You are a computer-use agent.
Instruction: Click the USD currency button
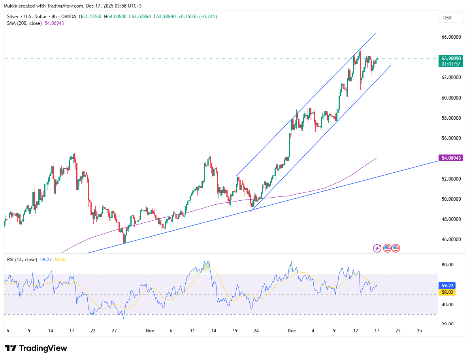pyautogui.click(x=448, y=18)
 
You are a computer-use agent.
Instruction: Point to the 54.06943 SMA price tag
pyautogui.click(x=450, y=158)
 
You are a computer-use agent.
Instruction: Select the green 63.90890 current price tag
pyautogui.click(x=450, y=58)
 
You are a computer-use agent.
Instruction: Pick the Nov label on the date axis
pyautogui.click(x=150, y=330)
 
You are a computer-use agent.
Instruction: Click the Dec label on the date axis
pyautogui.click(x=291, y=330)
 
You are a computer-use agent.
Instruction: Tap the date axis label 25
pyautogui.click(x=419, y=330)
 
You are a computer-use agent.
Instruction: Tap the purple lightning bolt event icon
pyautogui.click(x=377, y=248)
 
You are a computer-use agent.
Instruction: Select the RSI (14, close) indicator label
pyautogui.click(x=22, y=260)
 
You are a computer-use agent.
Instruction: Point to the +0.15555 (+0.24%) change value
pyautogui.click(x=198, y=17)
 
